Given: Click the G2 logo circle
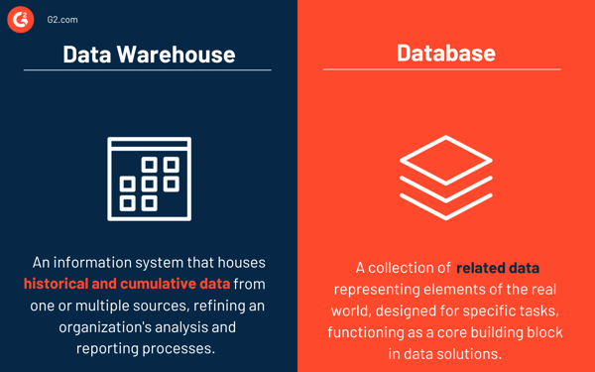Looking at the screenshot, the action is click(x=20, y=20).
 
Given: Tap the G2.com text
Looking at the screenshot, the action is click(x=62, y=20).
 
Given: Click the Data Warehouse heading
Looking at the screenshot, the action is click(x=149, y=54).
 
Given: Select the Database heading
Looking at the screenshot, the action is click(x=446, y=53).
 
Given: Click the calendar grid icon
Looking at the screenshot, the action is click(x=149, y=179).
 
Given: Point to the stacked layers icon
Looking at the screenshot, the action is click(x=446, y=178).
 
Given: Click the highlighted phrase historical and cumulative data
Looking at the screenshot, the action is click(x=127, y=284).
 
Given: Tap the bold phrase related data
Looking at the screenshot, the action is click(x=498, y=269).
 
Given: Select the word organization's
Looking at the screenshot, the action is click(x=110, y=326).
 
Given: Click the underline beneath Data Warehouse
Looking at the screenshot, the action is click(x=148, y=70).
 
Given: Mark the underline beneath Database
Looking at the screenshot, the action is click(x=442, y=69).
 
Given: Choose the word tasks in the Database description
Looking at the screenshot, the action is click(x=534, y=311).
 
